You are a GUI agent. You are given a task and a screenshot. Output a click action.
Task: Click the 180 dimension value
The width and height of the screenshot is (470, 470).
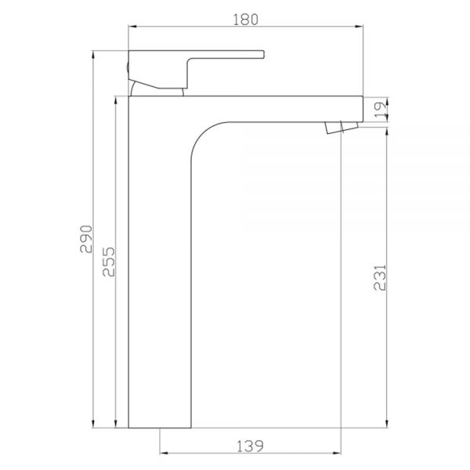[245, 20]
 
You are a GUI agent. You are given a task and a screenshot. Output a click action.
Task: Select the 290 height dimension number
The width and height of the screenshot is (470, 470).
[86, 239]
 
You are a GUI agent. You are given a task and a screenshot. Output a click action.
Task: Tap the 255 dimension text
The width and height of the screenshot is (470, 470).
[109, 262]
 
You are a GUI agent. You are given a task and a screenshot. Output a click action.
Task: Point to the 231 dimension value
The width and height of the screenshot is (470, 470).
[380, 277]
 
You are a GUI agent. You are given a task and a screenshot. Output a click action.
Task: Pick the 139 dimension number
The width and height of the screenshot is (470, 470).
[251, 446]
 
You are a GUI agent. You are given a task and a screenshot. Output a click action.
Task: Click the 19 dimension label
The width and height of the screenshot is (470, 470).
[380, 110]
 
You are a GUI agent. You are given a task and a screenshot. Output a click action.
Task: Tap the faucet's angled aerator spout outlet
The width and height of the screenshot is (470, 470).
[342, 128]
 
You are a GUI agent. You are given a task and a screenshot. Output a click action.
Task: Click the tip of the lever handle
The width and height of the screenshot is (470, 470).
[263, 54]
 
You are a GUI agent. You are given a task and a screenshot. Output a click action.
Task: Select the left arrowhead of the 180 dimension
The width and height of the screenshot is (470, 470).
[132, 27]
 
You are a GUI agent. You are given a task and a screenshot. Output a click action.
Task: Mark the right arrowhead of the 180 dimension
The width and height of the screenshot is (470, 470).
[359, 27]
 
